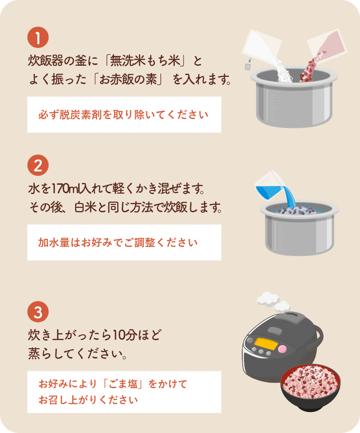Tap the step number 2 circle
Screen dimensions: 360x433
[38, 165]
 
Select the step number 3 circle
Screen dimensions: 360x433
[38, 312]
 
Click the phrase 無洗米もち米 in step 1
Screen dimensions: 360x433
[145, 61]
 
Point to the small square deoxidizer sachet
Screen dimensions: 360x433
[248, 67]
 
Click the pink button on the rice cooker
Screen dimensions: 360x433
[282, 349]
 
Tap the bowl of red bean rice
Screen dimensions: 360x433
[311, 387]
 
